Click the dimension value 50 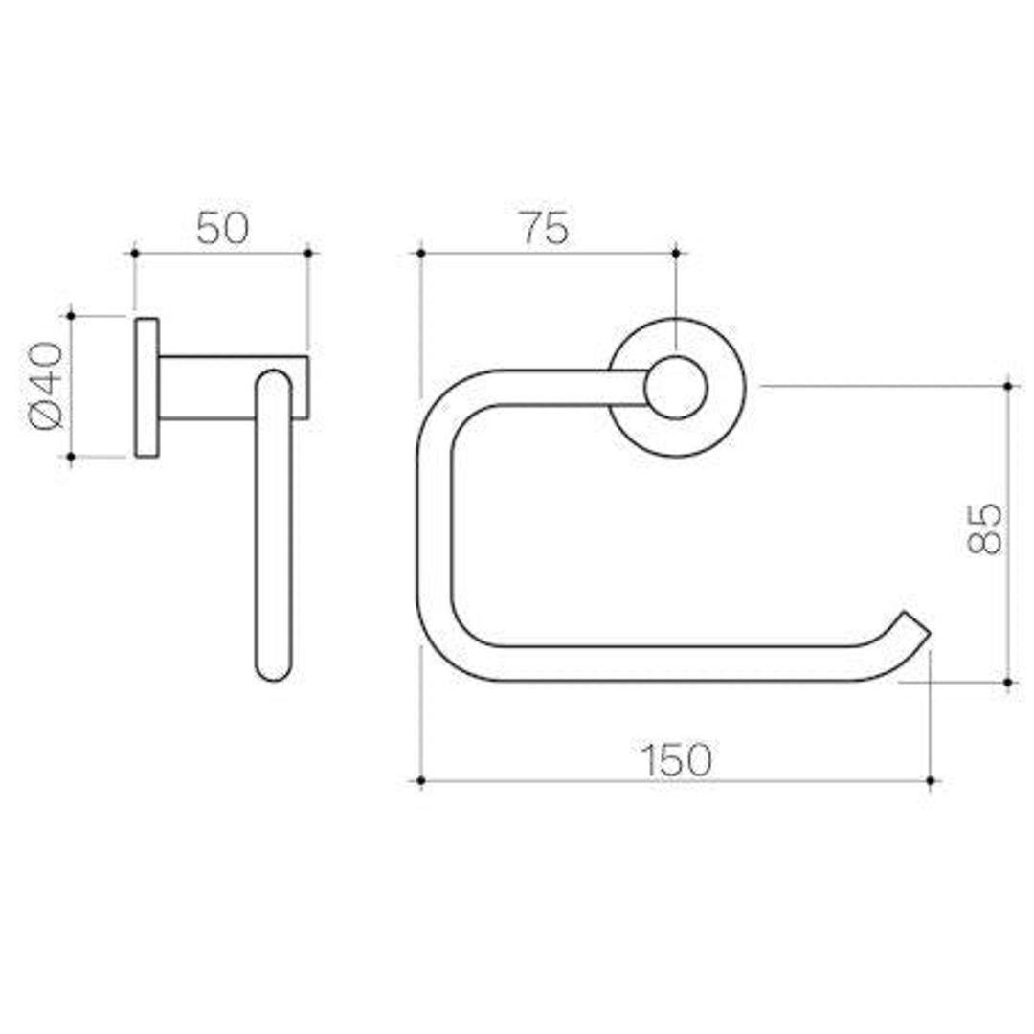(222, 229)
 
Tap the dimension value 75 (543, 229)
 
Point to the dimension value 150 (676, 760)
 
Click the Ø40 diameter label (46, 386)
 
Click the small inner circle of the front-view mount (676, 388)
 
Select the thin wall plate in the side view (146, 387)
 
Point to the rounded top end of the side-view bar (274, 382)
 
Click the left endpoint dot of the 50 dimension (135, 253)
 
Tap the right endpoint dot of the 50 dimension (308, 253)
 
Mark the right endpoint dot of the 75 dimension (676, 253)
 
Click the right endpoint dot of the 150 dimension (932, 781)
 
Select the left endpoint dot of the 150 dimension (420, 781)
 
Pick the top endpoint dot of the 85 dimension (1008, 386)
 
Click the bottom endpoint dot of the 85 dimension (1008, 683)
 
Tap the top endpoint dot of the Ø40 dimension (71, 315)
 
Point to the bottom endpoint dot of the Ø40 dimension (71, 457)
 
